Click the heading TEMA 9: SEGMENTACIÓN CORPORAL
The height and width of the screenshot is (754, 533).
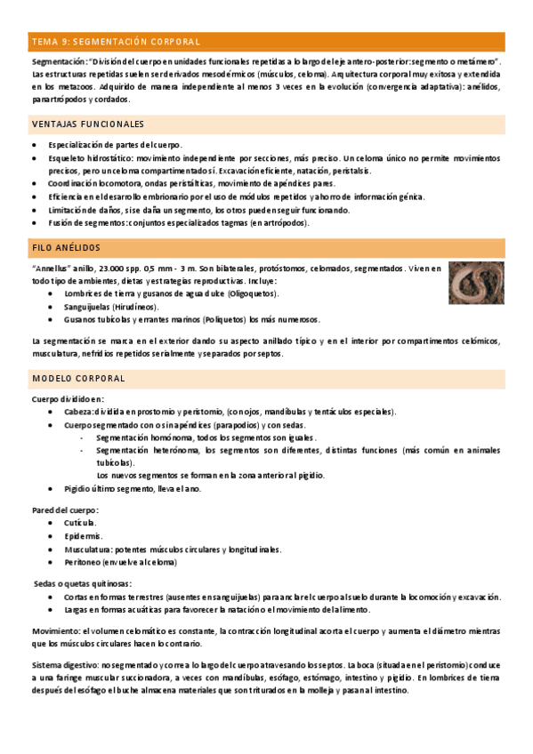116,42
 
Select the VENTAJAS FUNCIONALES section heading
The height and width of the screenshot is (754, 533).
88,124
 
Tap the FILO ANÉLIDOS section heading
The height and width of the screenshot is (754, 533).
66,247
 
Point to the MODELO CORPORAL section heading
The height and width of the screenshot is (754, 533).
78,379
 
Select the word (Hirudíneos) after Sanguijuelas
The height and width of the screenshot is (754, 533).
132,306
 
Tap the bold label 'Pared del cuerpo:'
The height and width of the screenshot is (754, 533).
65,509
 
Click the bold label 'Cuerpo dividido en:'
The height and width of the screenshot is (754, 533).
68,399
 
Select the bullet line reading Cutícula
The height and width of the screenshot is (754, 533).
80,523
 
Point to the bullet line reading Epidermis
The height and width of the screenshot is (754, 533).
83,536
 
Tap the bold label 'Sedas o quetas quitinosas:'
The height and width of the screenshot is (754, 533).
82,583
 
